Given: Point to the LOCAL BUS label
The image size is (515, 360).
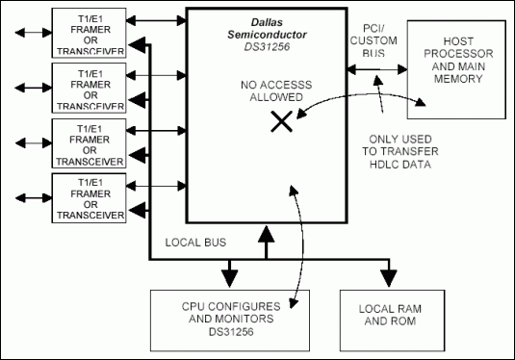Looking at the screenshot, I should point(195,243).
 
